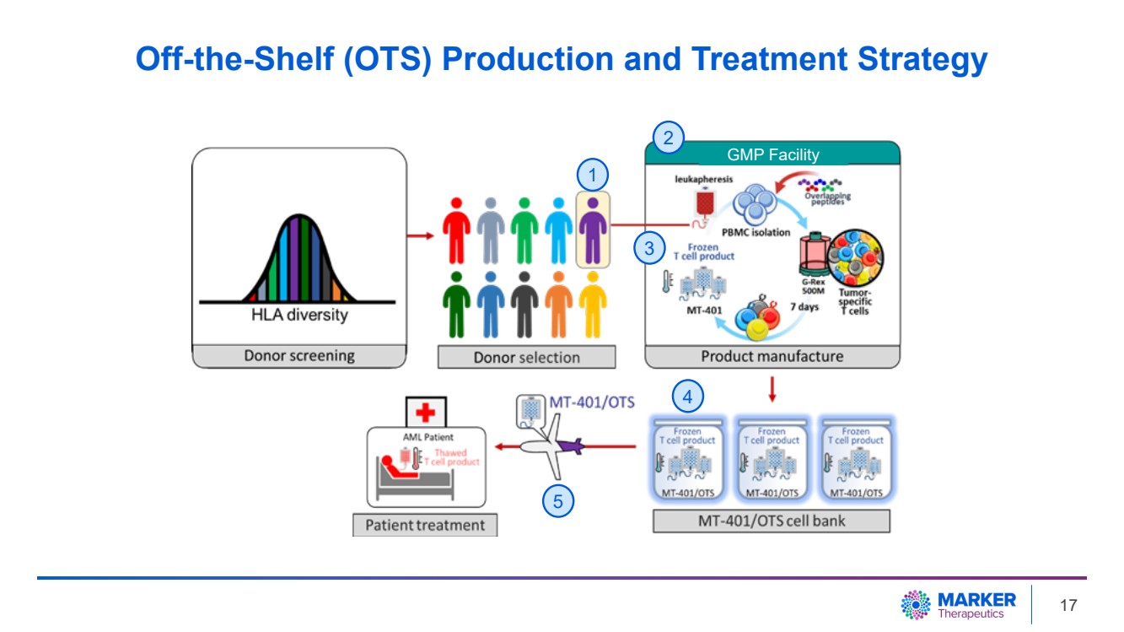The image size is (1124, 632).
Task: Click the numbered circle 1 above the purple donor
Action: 593,176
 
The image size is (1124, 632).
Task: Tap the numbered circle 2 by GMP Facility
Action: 668,138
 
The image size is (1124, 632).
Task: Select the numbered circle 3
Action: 648,248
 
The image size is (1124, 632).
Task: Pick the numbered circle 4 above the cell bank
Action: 687,396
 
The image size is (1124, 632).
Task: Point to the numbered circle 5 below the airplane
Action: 557,501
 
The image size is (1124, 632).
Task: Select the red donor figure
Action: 456,230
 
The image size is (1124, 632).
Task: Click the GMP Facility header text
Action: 772,154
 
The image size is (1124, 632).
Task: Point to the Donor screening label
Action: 298,356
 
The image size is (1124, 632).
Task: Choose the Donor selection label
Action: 526,357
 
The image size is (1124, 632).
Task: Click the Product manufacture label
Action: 772,356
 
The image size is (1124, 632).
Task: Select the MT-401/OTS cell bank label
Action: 771,521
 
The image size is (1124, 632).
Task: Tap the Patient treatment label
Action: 424,525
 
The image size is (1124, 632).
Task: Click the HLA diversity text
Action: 299,315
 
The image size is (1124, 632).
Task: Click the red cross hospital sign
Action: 425,413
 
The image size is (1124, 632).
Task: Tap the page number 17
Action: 1068,605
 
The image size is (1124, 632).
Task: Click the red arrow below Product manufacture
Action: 772,391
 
